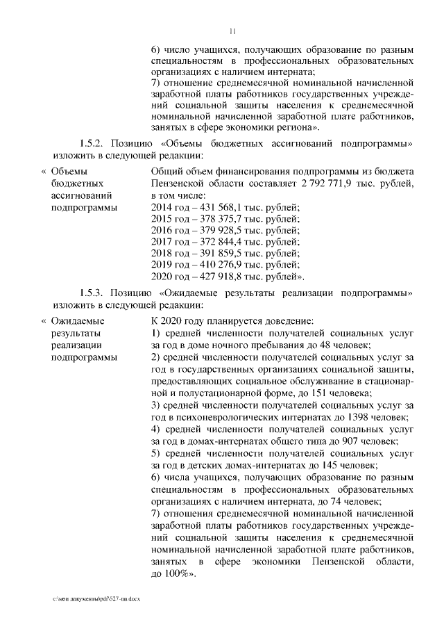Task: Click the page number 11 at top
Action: point(232,30)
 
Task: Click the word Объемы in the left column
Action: point(70,170)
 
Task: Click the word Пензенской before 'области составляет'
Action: point(181,183)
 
